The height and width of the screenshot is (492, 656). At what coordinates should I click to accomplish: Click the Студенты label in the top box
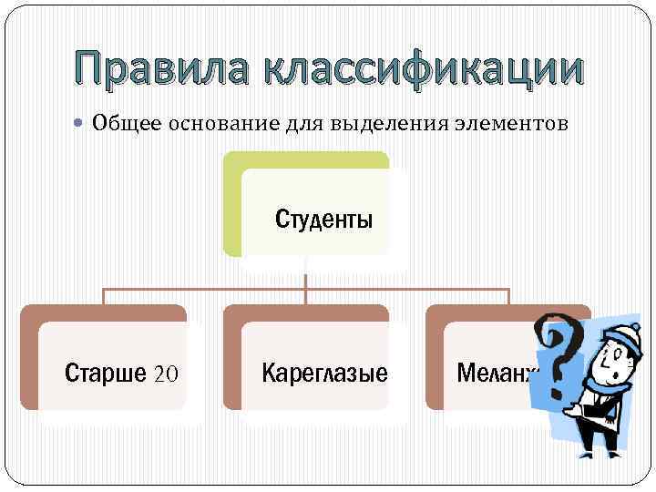[x=323, y=220]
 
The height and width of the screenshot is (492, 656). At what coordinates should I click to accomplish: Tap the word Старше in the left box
[x=105, y=373]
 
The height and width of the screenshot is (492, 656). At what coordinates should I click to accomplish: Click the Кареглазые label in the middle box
[x=324, y=373]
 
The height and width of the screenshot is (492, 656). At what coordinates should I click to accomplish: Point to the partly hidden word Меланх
[x=497, y=373]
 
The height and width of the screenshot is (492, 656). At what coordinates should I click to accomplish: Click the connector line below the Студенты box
[x=305, y=273]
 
